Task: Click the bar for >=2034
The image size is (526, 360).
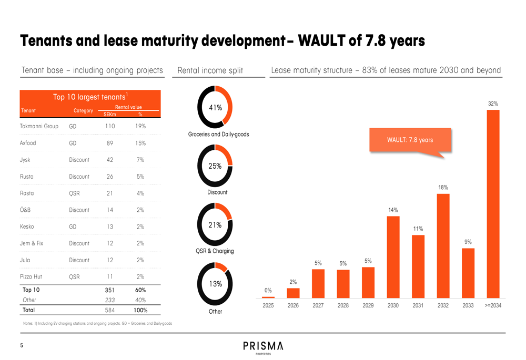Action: point(493,204)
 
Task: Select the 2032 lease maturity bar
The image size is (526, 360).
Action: point(443,246)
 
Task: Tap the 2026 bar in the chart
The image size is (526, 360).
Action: point(293,293)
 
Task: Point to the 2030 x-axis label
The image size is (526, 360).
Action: point(393,305)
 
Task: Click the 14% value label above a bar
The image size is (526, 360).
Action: point(393,210)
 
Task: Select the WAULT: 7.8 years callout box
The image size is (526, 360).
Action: point(410,140)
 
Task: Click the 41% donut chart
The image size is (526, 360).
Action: point(215,108)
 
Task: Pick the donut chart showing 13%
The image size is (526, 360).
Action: point(215,284)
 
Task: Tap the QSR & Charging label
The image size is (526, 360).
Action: point(215,251)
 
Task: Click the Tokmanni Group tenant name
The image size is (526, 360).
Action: point(39,127)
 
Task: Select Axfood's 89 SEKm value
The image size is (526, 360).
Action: point(109,143)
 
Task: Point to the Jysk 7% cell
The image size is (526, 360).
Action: point(140,160)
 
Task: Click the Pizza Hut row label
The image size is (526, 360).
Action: point(31,277)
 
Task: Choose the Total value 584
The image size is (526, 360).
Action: point(110,311)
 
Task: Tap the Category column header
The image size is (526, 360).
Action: point(83,111)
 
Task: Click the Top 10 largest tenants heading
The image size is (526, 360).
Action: point(90,97)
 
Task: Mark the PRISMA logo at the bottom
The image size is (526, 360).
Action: point(264,347)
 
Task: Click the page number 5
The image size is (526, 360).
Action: point(22,346)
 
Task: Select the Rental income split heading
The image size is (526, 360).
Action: point(210,70)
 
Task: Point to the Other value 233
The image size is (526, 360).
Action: point(110,300)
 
